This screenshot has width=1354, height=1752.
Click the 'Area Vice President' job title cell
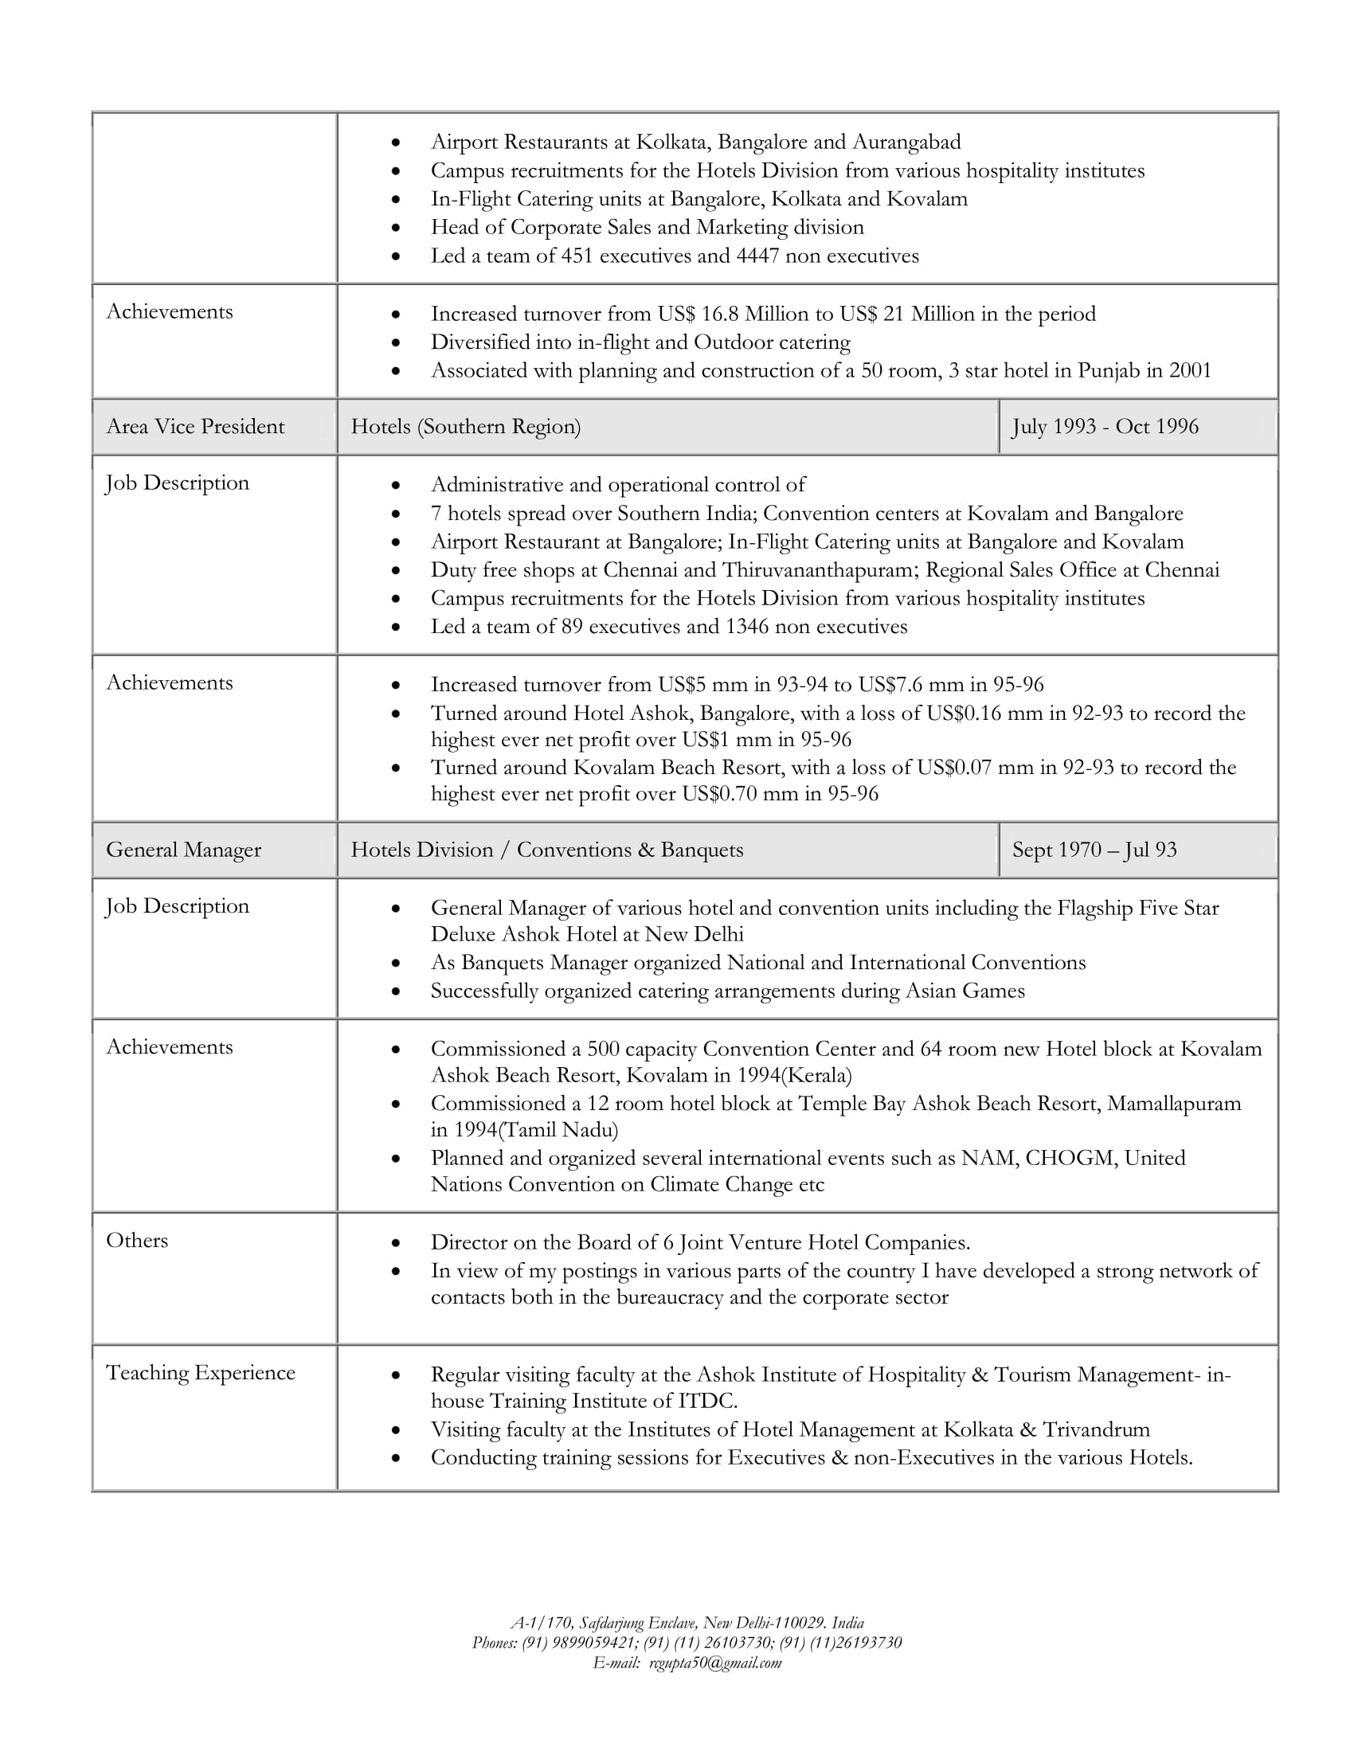pyautogui.click(x=195, y=427)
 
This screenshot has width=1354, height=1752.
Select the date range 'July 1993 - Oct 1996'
pyautogui.click(x=1105, y=427)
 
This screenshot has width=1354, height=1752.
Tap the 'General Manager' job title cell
pyautogui.click(x=184, y=851)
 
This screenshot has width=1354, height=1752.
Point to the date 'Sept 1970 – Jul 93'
pyautogui.click(x=1094, y=851)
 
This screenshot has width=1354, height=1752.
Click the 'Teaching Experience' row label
pyautogui.click(x=201, y=1374)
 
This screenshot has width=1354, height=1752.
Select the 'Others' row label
pyautogui.click(x=137, y=1241)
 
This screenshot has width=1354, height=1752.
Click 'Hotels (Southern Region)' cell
pyautogui.click(x=465, y=427)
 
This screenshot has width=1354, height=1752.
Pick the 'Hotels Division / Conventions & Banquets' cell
pyautogui.click(x=547, y=851)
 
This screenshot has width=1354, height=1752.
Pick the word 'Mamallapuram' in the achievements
pyautogui.click(x=1173, y=1104)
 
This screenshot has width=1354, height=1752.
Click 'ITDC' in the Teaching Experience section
pyautogui.click(x=706, y=1402)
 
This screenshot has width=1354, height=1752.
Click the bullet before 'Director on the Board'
pyautogui.click(x=396, y=1244)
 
